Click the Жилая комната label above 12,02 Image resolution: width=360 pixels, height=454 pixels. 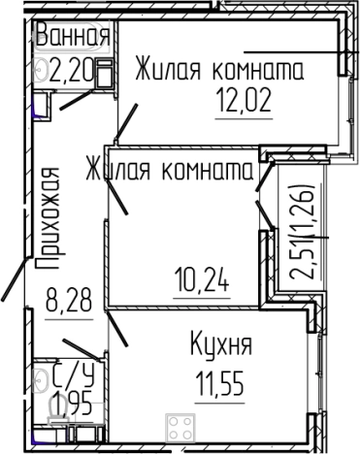219,70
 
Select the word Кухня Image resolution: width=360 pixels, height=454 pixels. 217,345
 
